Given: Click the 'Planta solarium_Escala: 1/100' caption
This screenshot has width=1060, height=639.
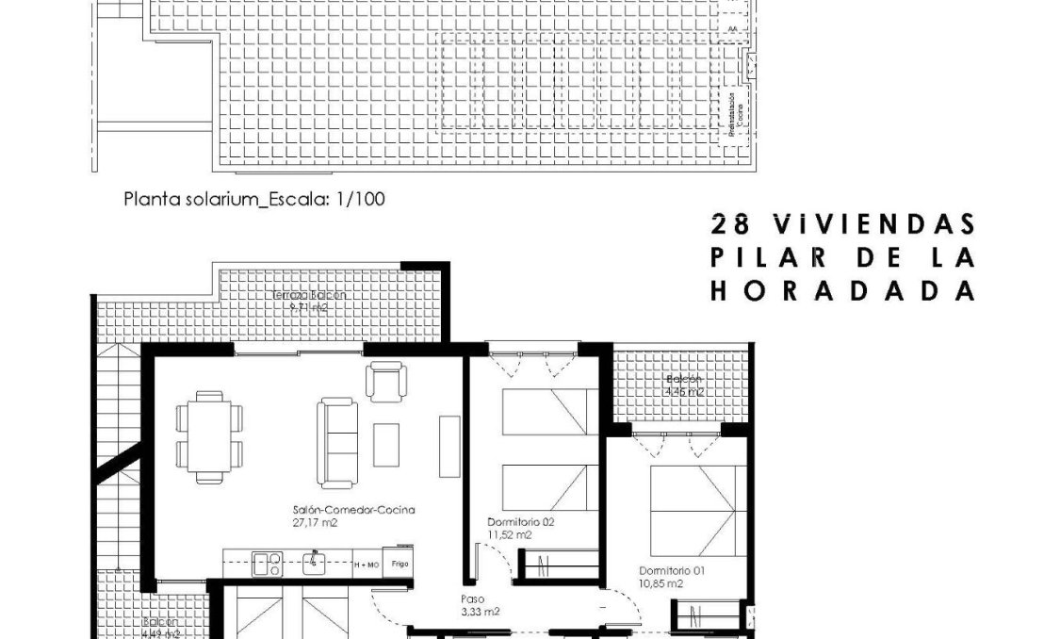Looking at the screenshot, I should click(255, 200).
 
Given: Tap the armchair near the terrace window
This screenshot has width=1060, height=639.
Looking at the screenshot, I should click(383, 381).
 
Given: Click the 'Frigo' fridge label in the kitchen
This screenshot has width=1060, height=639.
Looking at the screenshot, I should click(400, 564).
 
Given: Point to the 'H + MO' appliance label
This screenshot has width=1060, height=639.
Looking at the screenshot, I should click(367, 565).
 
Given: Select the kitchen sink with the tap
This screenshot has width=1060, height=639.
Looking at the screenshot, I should click(314, 563).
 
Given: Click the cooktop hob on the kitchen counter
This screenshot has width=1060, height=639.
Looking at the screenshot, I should click(266, 564).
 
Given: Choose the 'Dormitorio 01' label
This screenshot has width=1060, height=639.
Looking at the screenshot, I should click(671, 571).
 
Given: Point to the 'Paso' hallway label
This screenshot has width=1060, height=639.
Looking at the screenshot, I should click(471, 598).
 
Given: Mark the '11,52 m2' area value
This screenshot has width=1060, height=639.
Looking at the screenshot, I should click(509, 534).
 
